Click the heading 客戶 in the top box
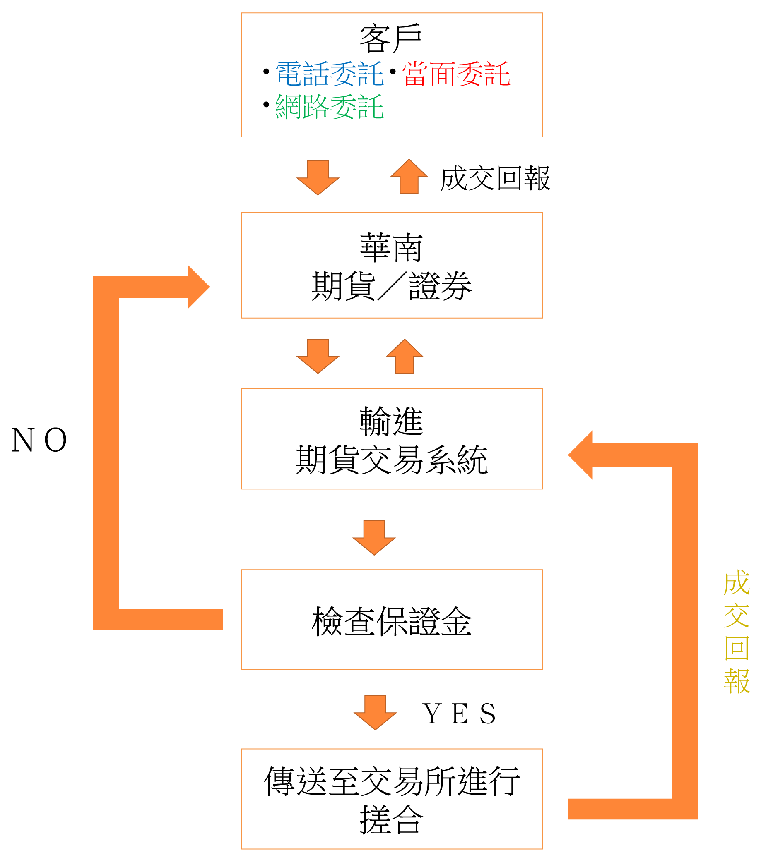coord(390,39)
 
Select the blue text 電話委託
coord(330,74)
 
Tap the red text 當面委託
coord(456,74)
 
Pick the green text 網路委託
coord(330,107)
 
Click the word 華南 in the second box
coord(391,248)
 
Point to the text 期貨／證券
coord(391,286)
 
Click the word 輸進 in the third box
coord(391,421)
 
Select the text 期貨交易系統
coord(391,460)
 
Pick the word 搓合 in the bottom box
coord(391,820)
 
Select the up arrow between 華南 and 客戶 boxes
coord(409,177)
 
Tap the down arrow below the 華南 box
coord(318,356)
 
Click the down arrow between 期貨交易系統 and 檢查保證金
coord(374,537)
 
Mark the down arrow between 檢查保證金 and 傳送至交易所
coord(375,712)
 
